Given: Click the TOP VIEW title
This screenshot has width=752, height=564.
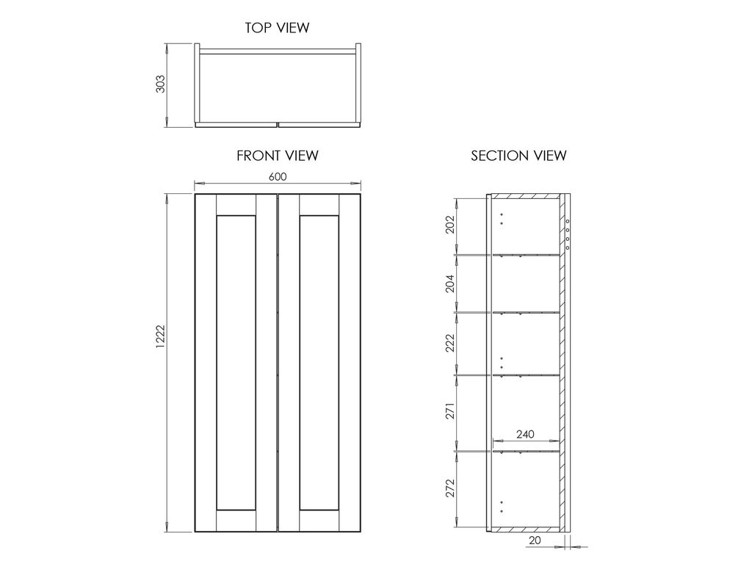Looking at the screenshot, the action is point(277,28).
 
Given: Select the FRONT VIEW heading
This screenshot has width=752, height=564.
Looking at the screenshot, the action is point(277,156).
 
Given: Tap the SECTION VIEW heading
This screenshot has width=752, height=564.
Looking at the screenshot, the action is point(518,156).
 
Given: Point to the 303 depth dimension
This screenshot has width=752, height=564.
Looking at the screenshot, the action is point(161,84).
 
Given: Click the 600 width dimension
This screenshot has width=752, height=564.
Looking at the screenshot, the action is point(277,177).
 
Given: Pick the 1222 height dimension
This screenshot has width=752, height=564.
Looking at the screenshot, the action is point(161,336).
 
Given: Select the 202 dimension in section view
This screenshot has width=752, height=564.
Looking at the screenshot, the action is point(450,224).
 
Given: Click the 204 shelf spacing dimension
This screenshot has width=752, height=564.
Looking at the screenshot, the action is point(450,283).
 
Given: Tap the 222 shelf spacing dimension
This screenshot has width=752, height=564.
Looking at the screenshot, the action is point(450,343).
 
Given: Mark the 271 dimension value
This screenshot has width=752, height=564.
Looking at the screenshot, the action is point(450,411).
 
